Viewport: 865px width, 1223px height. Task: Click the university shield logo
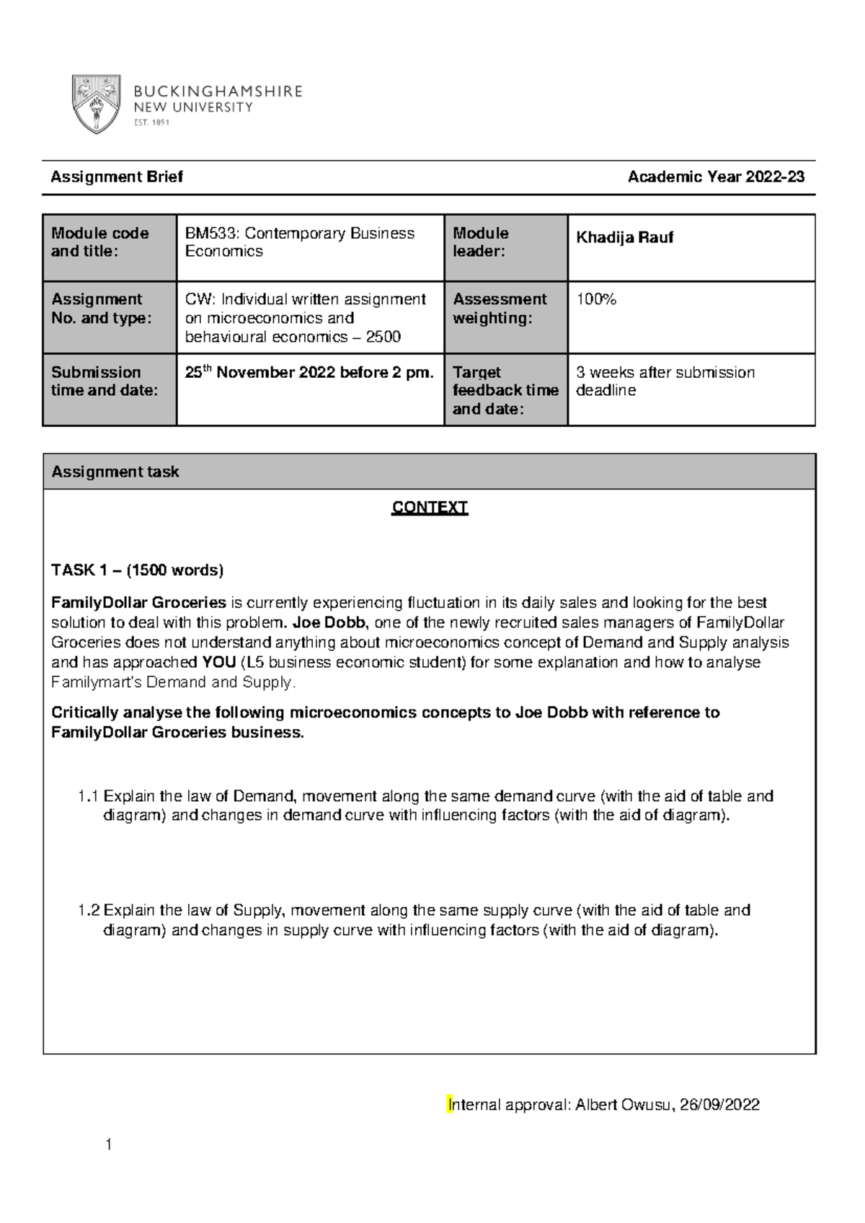[x=96, y=105]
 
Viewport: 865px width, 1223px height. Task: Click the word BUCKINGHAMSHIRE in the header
[x=218, y=92]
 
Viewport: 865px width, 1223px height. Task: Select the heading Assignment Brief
[x=116, y=177]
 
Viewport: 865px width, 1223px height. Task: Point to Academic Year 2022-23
[x=716, y=177]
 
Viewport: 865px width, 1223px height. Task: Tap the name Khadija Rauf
[x=624, y=237]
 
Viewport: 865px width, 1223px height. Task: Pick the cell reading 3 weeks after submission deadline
[x=665, y=381]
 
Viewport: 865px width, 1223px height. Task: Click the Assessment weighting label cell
[x=500, y=309]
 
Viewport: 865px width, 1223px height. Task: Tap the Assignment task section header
[x=115, y=472]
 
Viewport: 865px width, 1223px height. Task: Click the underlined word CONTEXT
[x=430, y=508]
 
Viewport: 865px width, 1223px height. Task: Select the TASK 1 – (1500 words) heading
[x=137, y=570]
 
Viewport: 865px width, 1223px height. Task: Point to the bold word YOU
[x=220, y=662]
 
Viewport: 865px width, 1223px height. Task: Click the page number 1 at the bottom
[x=108, y=1144]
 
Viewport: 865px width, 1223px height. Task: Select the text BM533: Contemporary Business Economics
[x=299, y=242]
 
